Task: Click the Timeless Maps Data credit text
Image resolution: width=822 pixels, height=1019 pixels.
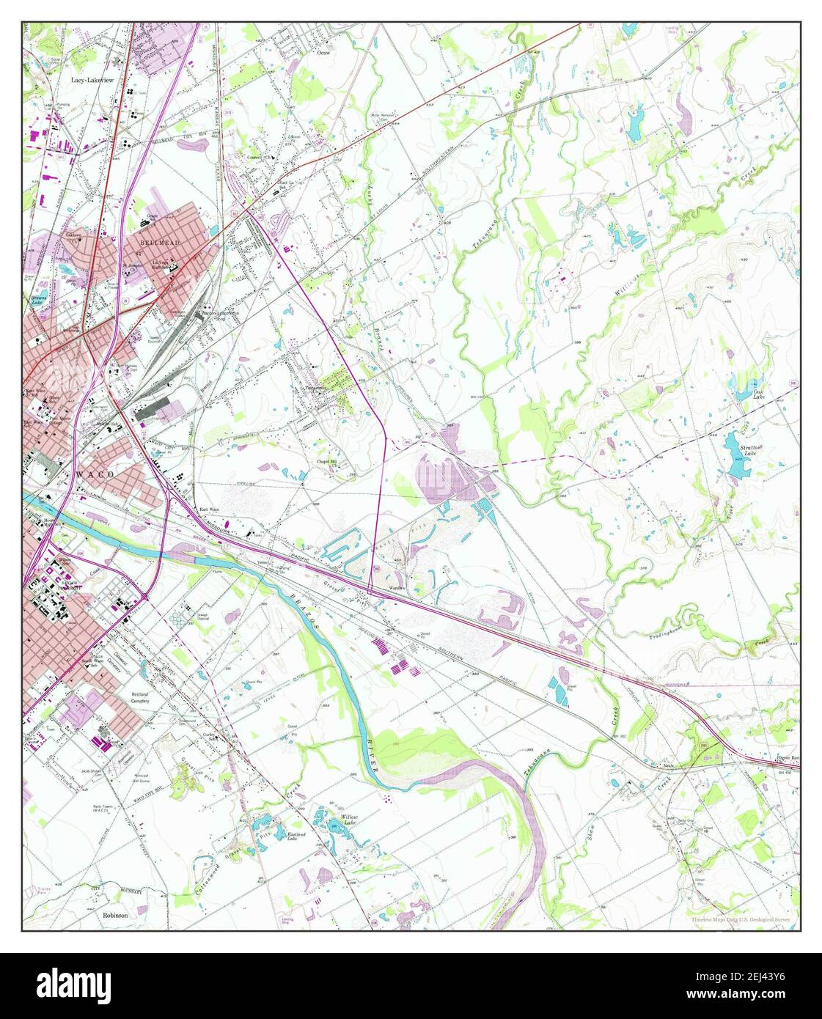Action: [x=740, y=919]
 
